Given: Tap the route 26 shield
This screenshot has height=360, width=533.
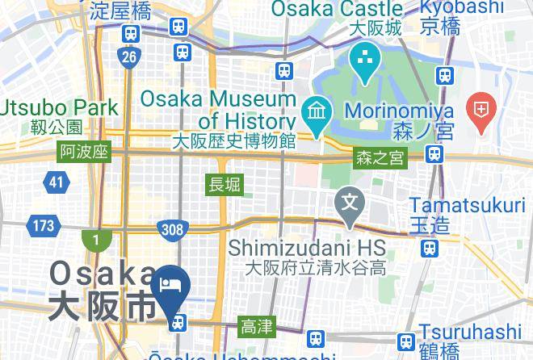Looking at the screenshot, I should click(128, 57).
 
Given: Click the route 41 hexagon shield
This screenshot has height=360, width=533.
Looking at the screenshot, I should click(56, 182).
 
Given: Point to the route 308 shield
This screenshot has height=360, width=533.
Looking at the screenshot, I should click(172, 230).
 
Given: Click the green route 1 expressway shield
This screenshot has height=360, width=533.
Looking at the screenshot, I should click(96, 241).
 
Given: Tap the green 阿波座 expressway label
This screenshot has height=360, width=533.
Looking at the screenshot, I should click(84, 152).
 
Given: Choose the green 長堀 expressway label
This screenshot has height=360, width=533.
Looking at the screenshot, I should click(225, 184).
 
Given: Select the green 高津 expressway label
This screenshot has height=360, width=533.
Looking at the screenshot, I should click(257, 327).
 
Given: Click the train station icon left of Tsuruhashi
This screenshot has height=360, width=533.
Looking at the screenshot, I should click(405, 341).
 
